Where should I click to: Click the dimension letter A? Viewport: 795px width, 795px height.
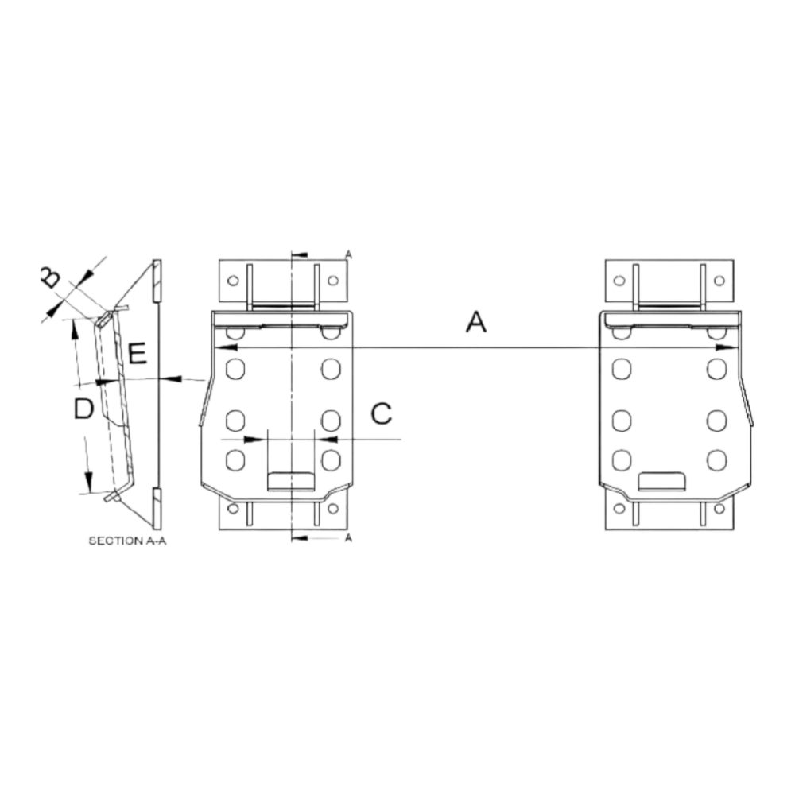pos(476,322)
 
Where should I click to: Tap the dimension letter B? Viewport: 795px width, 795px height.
pos(49,277)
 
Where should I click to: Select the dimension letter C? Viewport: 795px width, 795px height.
pos(382,413)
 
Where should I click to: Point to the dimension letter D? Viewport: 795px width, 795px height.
pos(83,408)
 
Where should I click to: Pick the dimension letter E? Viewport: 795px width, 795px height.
pos(138,354)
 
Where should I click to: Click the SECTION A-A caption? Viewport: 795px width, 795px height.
pos(127,541)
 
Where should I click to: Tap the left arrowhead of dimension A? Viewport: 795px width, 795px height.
pos(227,348)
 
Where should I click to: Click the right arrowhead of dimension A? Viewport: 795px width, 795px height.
pos(726,348)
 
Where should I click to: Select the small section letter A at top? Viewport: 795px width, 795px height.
pos(348,254)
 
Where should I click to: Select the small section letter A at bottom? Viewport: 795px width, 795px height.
pos(348,538)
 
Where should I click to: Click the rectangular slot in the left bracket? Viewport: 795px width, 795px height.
pos(291,481)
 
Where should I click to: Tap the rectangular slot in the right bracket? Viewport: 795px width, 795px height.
pos(662,481)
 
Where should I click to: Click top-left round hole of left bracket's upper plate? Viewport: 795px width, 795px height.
pos(233,281)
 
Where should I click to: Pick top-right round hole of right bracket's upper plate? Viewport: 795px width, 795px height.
pos(719,281)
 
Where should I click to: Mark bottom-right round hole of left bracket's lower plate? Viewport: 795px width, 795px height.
pos(333,508)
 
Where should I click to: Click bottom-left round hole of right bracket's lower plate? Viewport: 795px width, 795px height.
pos(619,508)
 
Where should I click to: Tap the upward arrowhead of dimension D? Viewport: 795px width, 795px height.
pos(75,331)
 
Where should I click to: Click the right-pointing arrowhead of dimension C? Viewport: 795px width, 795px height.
pos(254,439)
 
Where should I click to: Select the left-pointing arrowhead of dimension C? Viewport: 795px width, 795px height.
pos(327,439)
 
